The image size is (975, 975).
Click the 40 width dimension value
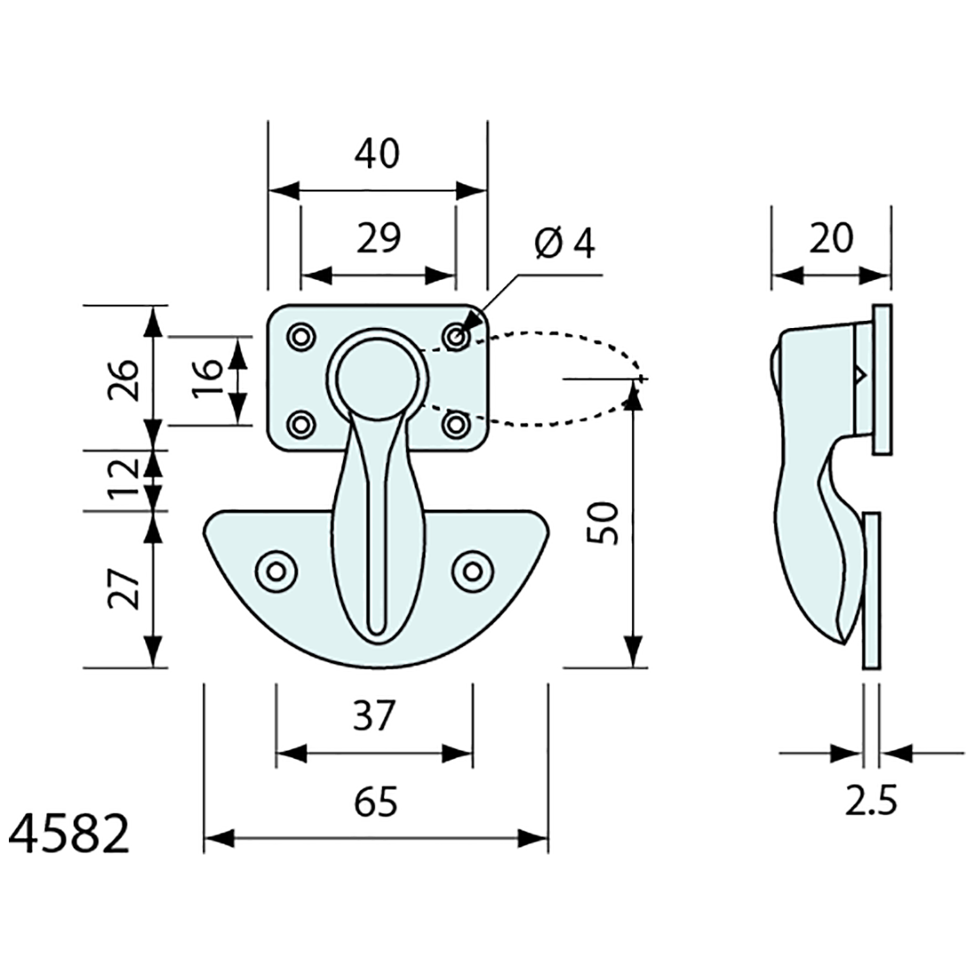coord(377,153)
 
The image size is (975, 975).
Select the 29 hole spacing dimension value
coord(378,238)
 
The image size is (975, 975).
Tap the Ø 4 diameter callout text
coord(564,242)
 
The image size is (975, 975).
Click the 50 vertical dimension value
coord(603,523)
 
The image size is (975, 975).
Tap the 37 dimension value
coord(374,715)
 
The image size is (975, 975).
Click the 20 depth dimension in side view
coord(831,238)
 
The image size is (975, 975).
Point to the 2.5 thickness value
coord(870,800)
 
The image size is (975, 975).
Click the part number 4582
coord(69,834)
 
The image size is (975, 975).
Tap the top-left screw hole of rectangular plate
coord(301,337)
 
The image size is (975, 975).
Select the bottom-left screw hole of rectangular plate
coord(301,425)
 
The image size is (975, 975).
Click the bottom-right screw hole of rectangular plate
coord(456,425)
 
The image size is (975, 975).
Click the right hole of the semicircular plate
coord(472,571)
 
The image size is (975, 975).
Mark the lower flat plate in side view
coord(872,590)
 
